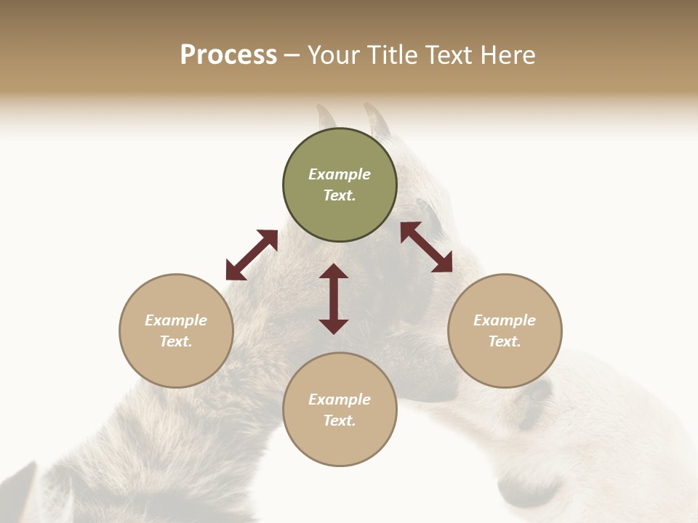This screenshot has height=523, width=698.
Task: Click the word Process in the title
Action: pyautogui.click(x=228, y=55)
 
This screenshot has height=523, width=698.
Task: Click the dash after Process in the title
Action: pyautogui.click(x=292, y=56)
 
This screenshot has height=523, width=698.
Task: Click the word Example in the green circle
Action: pyautogui.click(x=340, y=174)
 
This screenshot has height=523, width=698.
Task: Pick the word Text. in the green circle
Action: pyautogui.click(x=340, y=195)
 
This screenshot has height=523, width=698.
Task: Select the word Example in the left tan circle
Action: pyautogui.click(x=176, y=320)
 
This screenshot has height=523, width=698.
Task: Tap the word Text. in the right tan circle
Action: pyautogui.click(x=505, y=341)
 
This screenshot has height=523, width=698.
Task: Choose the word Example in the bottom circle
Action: pyautogui.click(x=340, y=400)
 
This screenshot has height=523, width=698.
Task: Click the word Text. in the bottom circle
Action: pyautogui.click(x=340, y=421)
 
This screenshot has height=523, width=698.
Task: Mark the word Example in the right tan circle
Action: pyautogui.click(x=505, y=320)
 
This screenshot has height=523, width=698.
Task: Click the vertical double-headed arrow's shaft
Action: pyautogui.click(x=334, y=299)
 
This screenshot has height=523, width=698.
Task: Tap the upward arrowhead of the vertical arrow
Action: pyautogui.click(x=334, y=272)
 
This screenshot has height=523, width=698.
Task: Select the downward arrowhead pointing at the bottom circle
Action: pyautogui.click(x=334, y=326)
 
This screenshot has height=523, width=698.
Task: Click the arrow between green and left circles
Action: pyautogui.click(x=252, y=255)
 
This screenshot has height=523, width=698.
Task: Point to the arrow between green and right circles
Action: pyautogui.click(x=426, y=247)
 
